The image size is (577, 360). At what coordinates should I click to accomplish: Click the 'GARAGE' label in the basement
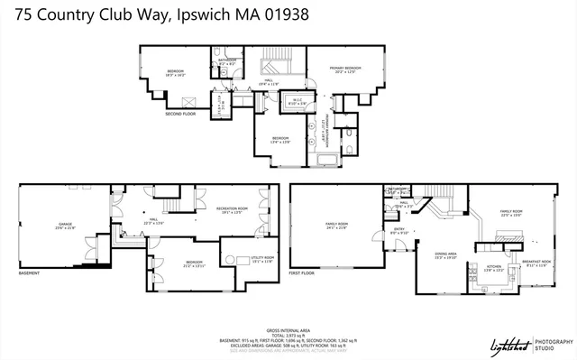[65, 226]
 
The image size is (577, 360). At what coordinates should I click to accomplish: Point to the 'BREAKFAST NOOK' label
[536, 264]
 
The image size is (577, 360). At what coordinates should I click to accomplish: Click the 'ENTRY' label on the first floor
[399, 230]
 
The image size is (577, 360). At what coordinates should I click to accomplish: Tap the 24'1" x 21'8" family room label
[336, 225]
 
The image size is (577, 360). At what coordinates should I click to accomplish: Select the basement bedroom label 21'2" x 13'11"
[194, 265]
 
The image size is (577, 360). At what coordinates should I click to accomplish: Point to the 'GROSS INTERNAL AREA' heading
[288, 331]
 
